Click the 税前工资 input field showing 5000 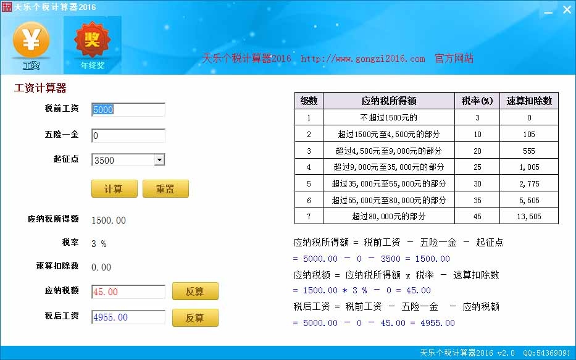point(128,109)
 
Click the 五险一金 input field point(128,136)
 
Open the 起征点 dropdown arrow point(159,160)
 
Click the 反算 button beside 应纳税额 point(195,291)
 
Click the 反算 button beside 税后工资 point(195,318)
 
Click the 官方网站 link point(454,58)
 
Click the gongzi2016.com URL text point(362,59)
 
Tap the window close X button point(567,9)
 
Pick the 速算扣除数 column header point(529,101)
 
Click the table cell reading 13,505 point(529,216)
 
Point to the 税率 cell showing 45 point(477,216)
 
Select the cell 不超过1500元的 point(389,117)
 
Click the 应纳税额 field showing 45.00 point(128,291)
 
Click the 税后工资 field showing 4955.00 point(128,317)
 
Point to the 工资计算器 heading point(40,88)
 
